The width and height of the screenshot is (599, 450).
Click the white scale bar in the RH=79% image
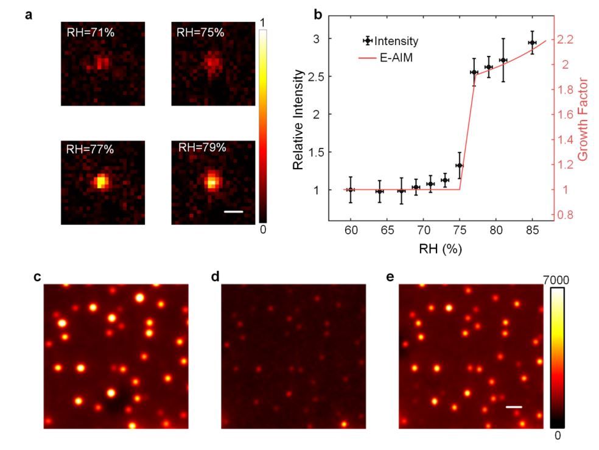pos(233,212)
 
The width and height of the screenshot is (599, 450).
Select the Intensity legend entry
pos(396,41)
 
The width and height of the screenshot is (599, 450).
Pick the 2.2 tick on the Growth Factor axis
pos(567,39)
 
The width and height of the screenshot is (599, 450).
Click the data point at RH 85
pos(532,43)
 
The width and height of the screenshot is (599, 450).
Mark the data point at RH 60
pos(350,190)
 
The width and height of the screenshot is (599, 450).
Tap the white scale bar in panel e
pos(514,406)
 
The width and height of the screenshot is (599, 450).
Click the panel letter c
pos(38,276)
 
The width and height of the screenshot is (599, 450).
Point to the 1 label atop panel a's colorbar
pos(262,23)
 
